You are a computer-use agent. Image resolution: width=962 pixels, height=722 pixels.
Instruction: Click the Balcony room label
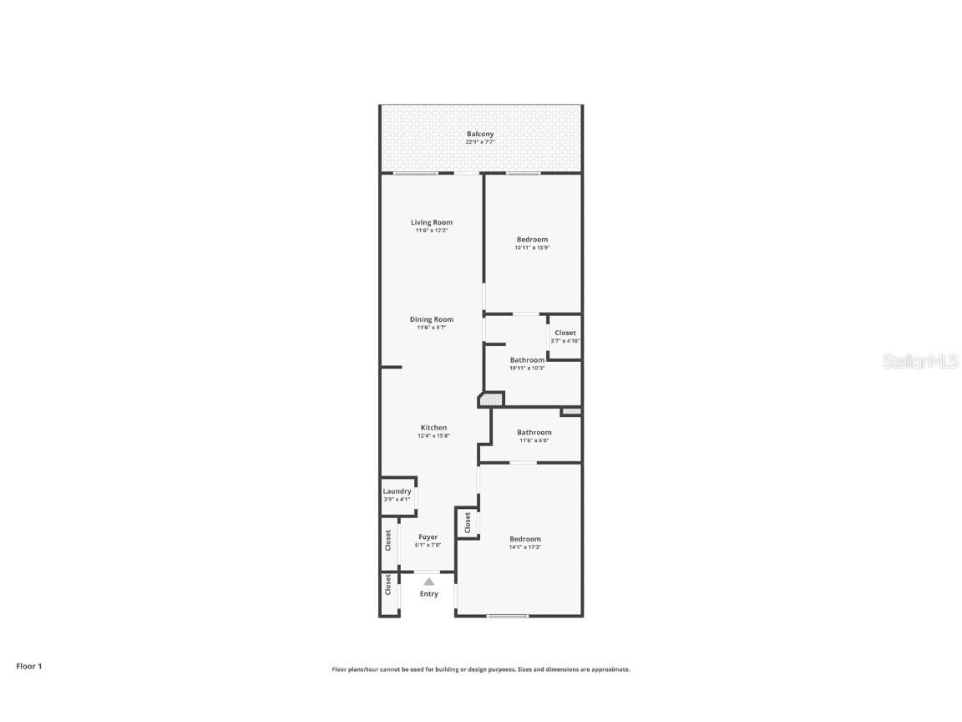point(480,134)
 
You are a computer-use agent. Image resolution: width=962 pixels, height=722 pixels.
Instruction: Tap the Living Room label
point(432,222)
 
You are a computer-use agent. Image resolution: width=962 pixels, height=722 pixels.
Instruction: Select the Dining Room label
point(432,319)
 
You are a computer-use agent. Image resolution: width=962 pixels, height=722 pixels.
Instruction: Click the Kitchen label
point(433,428)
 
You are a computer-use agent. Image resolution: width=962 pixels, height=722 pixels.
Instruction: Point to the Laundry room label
point(397,491)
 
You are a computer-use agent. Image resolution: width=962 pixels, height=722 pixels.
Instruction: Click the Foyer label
point(428,537)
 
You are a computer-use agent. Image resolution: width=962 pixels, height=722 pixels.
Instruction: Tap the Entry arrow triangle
point(428,582)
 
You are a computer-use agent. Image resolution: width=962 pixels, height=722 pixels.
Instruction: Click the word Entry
point(428,594)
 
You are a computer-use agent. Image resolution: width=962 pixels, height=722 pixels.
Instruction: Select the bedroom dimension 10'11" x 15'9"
point(532,247)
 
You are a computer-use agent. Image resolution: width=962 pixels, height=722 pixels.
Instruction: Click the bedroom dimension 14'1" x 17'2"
point(525,547)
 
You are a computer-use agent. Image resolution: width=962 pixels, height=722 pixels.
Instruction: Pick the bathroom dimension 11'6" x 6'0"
point(534,440)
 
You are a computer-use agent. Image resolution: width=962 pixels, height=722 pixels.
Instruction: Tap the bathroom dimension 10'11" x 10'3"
point(527,369)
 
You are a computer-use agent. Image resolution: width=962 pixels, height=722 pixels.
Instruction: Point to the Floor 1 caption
point(28,666)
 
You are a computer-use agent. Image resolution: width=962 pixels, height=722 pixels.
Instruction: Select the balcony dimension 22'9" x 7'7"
point(480,142)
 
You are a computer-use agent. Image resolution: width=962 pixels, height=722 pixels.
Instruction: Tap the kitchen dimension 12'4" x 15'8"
point(433,436)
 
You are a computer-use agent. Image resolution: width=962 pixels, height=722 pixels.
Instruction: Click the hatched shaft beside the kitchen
point(492,400)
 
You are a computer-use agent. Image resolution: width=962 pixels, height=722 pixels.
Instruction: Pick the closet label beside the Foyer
point(388,540)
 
